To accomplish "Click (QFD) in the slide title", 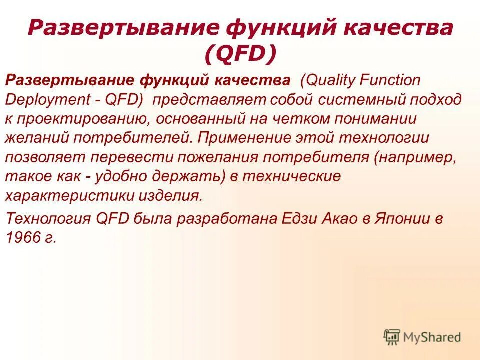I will click(240, 54).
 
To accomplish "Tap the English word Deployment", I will click(46, 99).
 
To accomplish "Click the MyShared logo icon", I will click(392, 337).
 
